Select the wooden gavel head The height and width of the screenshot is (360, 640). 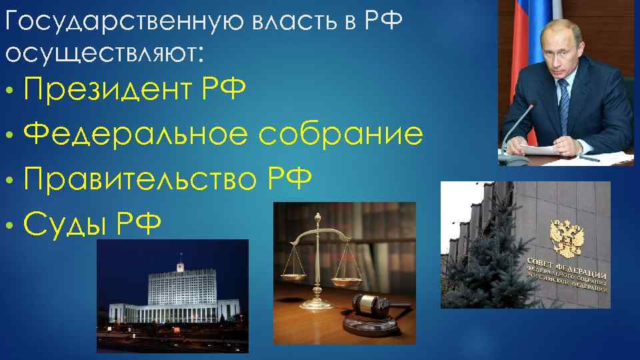pyautogui.click(x=371, y=306)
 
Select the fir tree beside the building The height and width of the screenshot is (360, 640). pyautogui.click(x=483, y=267)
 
